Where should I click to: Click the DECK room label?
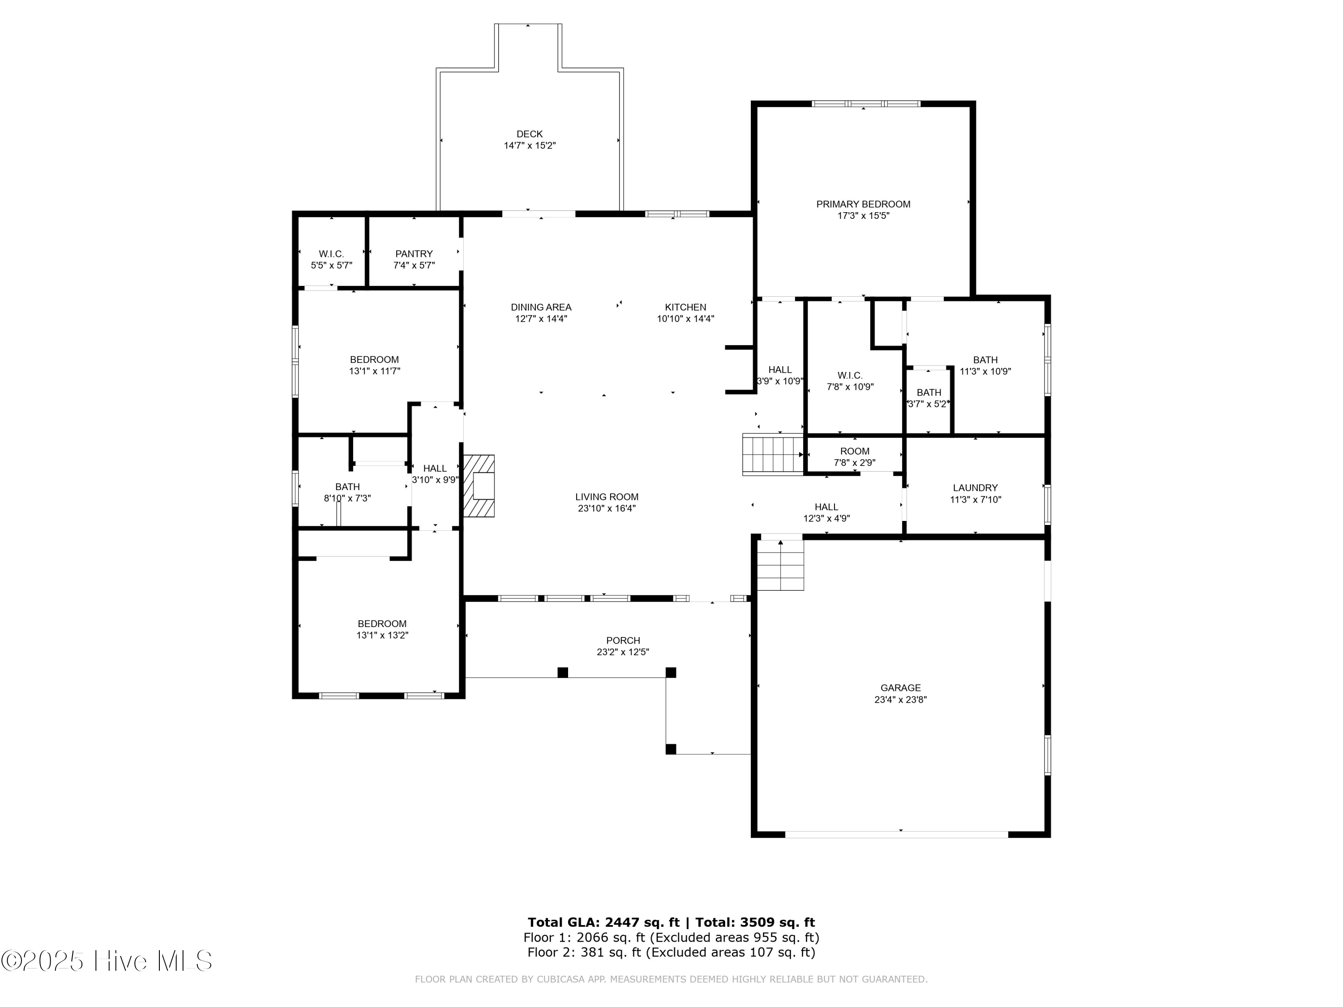click(530, 134)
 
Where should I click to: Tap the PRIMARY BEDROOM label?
click(863, 205)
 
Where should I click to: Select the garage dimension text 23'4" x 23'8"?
click(900, 699)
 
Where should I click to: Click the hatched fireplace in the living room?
click(479, 486)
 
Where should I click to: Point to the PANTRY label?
click(414, 254)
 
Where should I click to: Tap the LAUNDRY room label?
click(975, 487)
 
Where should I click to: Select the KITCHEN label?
click(685, 307)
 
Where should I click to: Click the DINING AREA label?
click(541, 307)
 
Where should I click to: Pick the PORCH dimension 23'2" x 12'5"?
click(623, 652)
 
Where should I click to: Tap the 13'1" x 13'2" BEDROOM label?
click(382, 623)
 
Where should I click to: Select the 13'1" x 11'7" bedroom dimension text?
click(375, 371)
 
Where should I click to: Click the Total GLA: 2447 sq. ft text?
click(603, 922)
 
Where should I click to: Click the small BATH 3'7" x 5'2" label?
click(928, 393)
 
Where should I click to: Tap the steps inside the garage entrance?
click(780, 565)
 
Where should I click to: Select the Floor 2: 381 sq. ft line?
click(671, 952)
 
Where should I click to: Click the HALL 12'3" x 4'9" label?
click(826, 507)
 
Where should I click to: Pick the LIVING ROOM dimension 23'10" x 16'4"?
click(607, 509)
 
